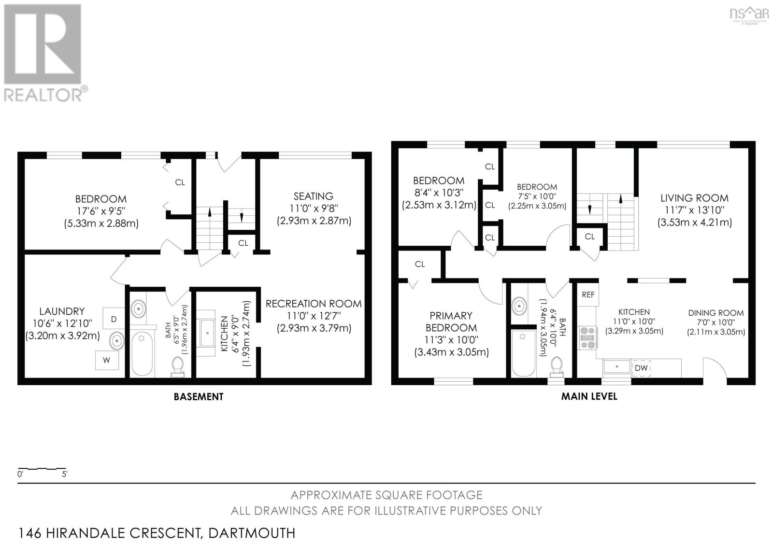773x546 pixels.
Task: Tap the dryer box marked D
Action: pos(114,319)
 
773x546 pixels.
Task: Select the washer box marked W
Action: pos(107,360)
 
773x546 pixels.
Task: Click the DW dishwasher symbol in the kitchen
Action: pos(641,368)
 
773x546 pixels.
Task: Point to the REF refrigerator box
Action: pos(588,294)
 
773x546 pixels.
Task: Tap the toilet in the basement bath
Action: pos(177,366)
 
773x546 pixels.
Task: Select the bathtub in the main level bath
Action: pos(523,353)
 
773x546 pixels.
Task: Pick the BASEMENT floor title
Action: pos(199,397)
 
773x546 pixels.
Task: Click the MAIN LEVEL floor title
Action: pos(589,397)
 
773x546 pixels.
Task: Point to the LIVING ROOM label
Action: pos(694,198)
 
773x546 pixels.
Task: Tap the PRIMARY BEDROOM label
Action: pos(451,322)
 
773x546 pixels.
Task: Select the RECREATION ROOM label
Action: pos(314,304)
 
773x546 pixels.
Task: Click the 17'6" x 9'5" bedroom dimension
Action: pos(101,211)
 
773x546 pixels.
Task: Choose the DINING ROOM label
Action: pos(716,313)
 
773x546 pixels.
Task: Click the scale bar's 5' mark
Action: pos(64,474)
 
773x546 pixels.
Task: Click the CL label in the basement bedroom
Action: pos(180,182)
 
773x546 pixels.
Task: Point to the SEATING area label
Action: pos(313,196)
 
